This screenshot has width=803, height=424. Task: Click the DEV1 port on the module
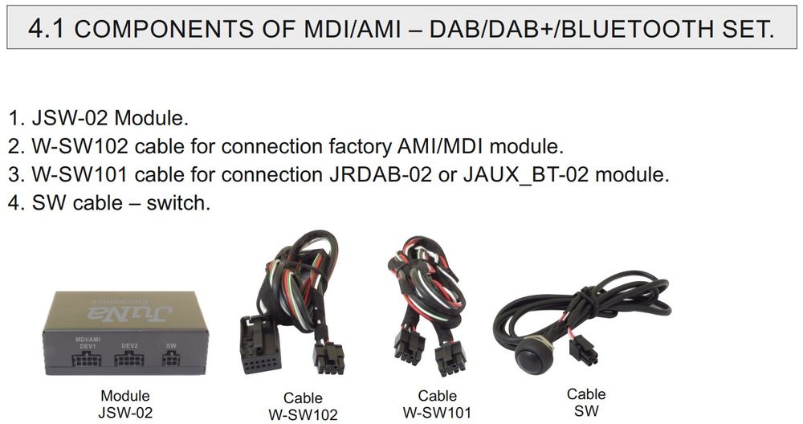[x=87, y=361]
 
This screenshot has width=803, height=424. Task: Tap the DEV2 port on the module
[x=129, y=361]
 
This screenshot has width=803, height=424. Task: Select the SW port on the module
[x=170, y=361]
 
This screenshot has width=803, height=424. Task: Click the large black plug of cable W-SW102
[x=259, y=345]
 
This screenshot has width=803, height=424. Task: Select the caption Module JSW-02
[x=124, y=405]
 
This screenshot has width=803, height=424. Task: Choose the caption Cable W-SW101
[x=437, y=405]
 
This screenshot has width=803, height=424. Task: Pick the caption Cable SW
[x=586, y=402]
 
